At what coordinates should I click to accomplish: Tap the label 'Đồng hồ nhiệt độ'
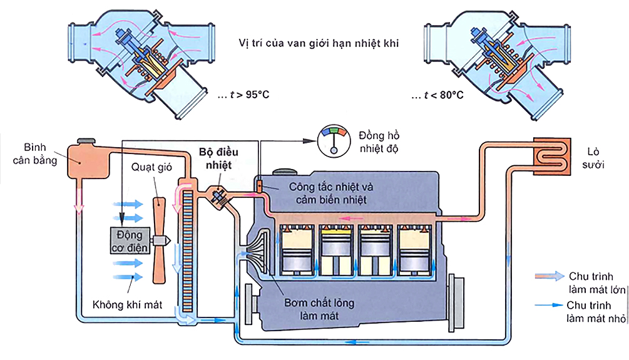(379, 142)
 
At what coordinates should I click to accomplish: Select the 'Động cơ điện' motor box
(130, 240)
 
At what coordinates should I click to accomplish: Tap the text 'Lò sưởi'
(598, 157)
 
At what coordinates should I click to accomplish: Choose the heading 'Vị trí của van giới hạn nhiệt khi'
(319, 44)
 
